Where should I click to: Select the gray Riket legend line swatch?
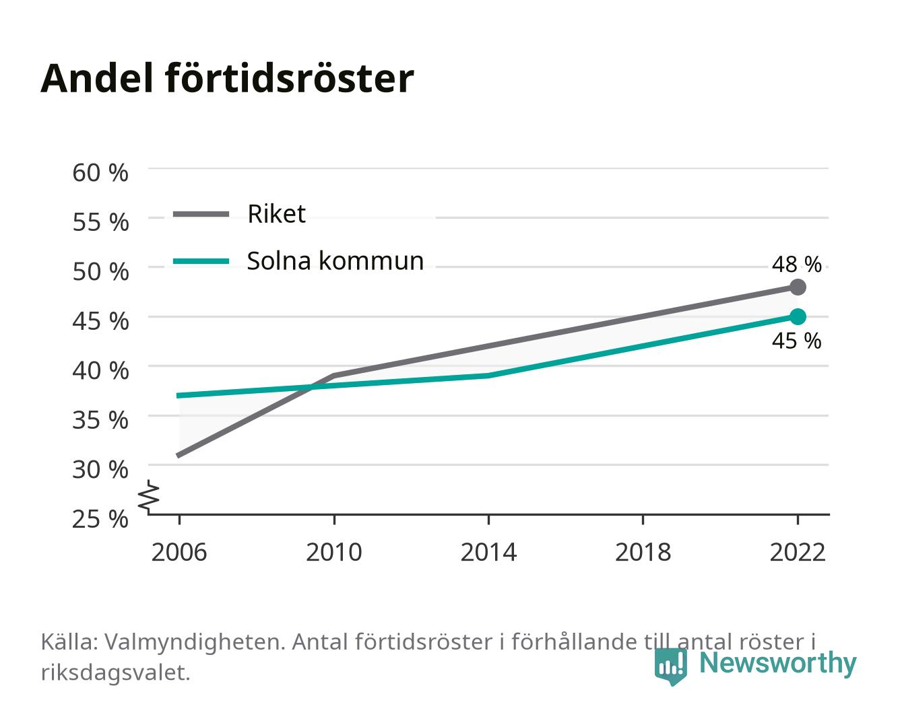tap(201, 214)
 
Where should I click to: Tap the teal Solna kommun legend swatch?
tap(201, 261)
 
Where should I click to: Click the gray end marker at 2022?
tap(798, 287)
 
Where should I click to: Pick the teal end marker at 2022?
tap(798, 316)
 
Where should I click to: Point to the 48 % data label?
tap(796, 265)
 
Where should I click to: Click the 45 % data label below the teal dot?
tap(796, 341)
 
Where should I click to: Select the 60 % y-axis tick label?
tap(100, 173)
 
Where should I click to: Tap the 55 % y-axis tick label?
tap(100, 222)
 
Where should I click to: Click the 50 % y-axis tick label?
tap(100, 271)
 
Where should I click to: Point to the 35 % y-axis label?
tap(100, 420)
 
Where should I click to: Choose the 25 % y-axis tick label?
tap(100, 519)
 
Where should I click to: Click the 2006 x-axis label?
tap(179, 552)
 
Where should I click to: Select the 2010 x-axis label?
tap(334, 552)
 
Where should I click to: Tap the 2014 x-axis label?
tap(488, 552)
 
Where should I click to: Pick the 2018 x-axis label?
tap(643, 552)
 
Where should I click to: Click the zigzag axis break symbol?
tap(149, 497)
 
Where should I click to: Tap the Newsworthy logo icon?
tap(670, 666)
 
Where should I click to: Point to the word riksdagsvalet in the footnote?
tap(115, 673)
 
